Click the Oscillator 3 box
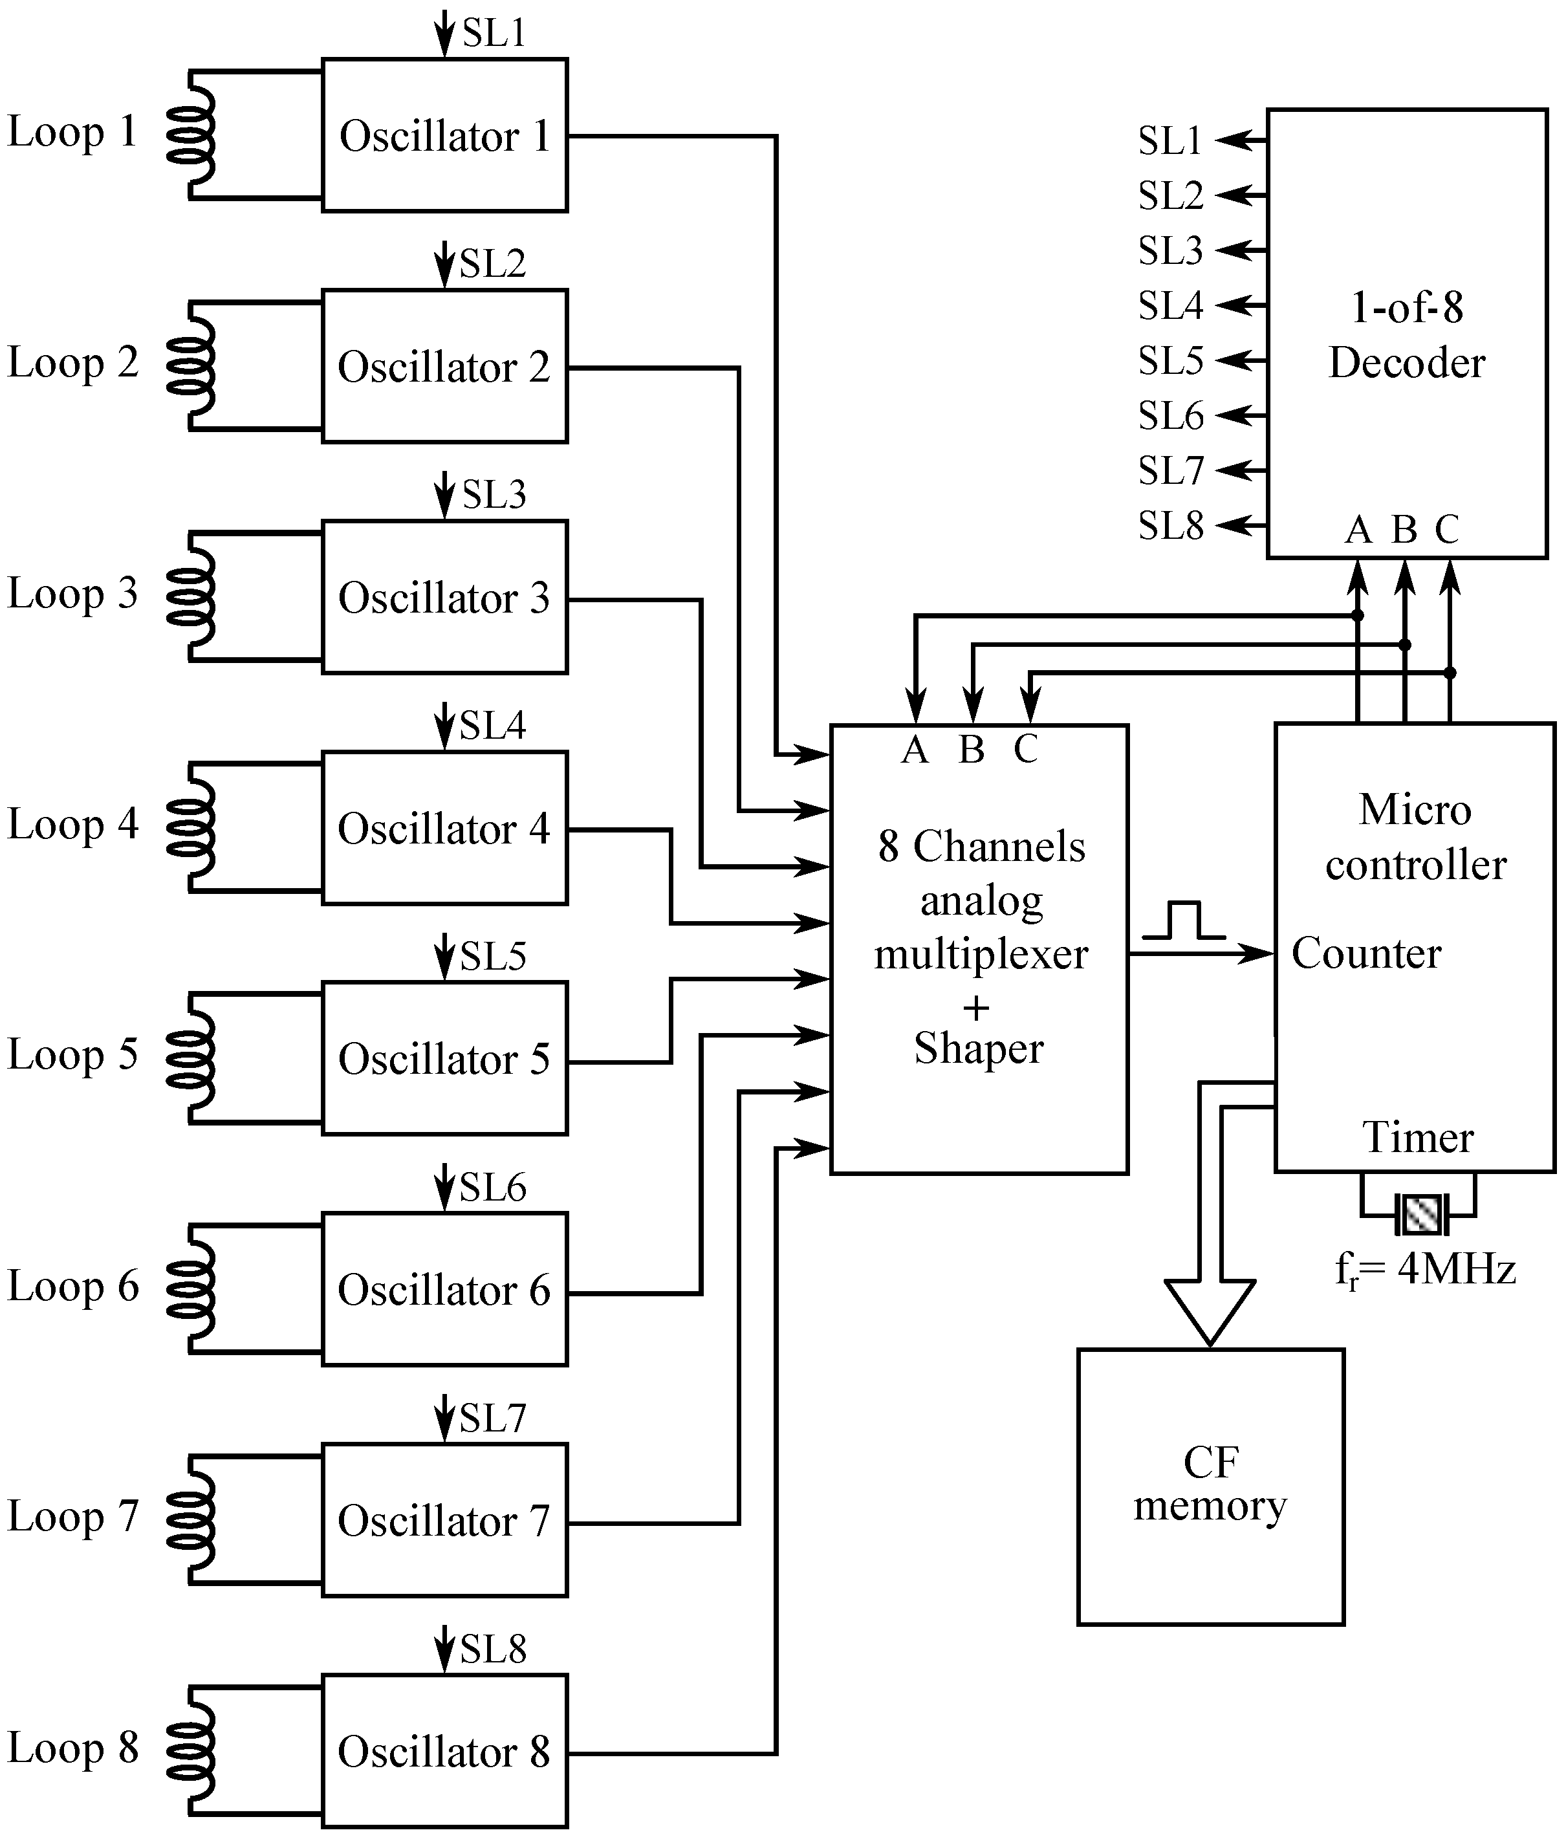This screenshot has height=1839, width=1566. (444, 597)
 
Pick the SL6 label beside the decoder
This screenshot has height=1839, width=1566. (1170, 415)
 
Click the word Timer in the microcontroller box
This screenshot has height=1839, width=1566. (1418, 1137)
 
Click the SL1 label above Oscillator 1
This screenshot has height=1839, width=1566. (494, 33)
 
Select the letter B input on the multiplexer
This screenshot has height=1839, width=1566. (971, 750)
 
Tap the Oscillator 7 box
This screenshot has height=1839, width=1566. (444, 1520)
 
